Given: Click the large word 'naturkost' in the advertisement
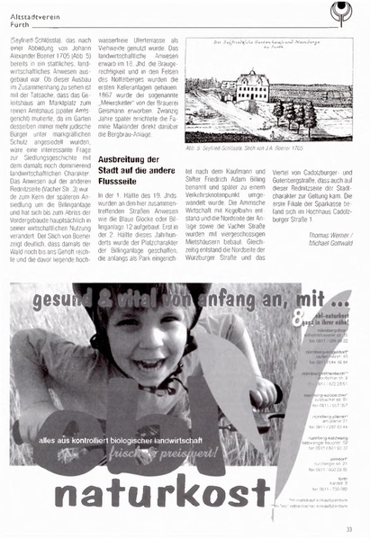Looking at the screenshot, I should tap(162, 492).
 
